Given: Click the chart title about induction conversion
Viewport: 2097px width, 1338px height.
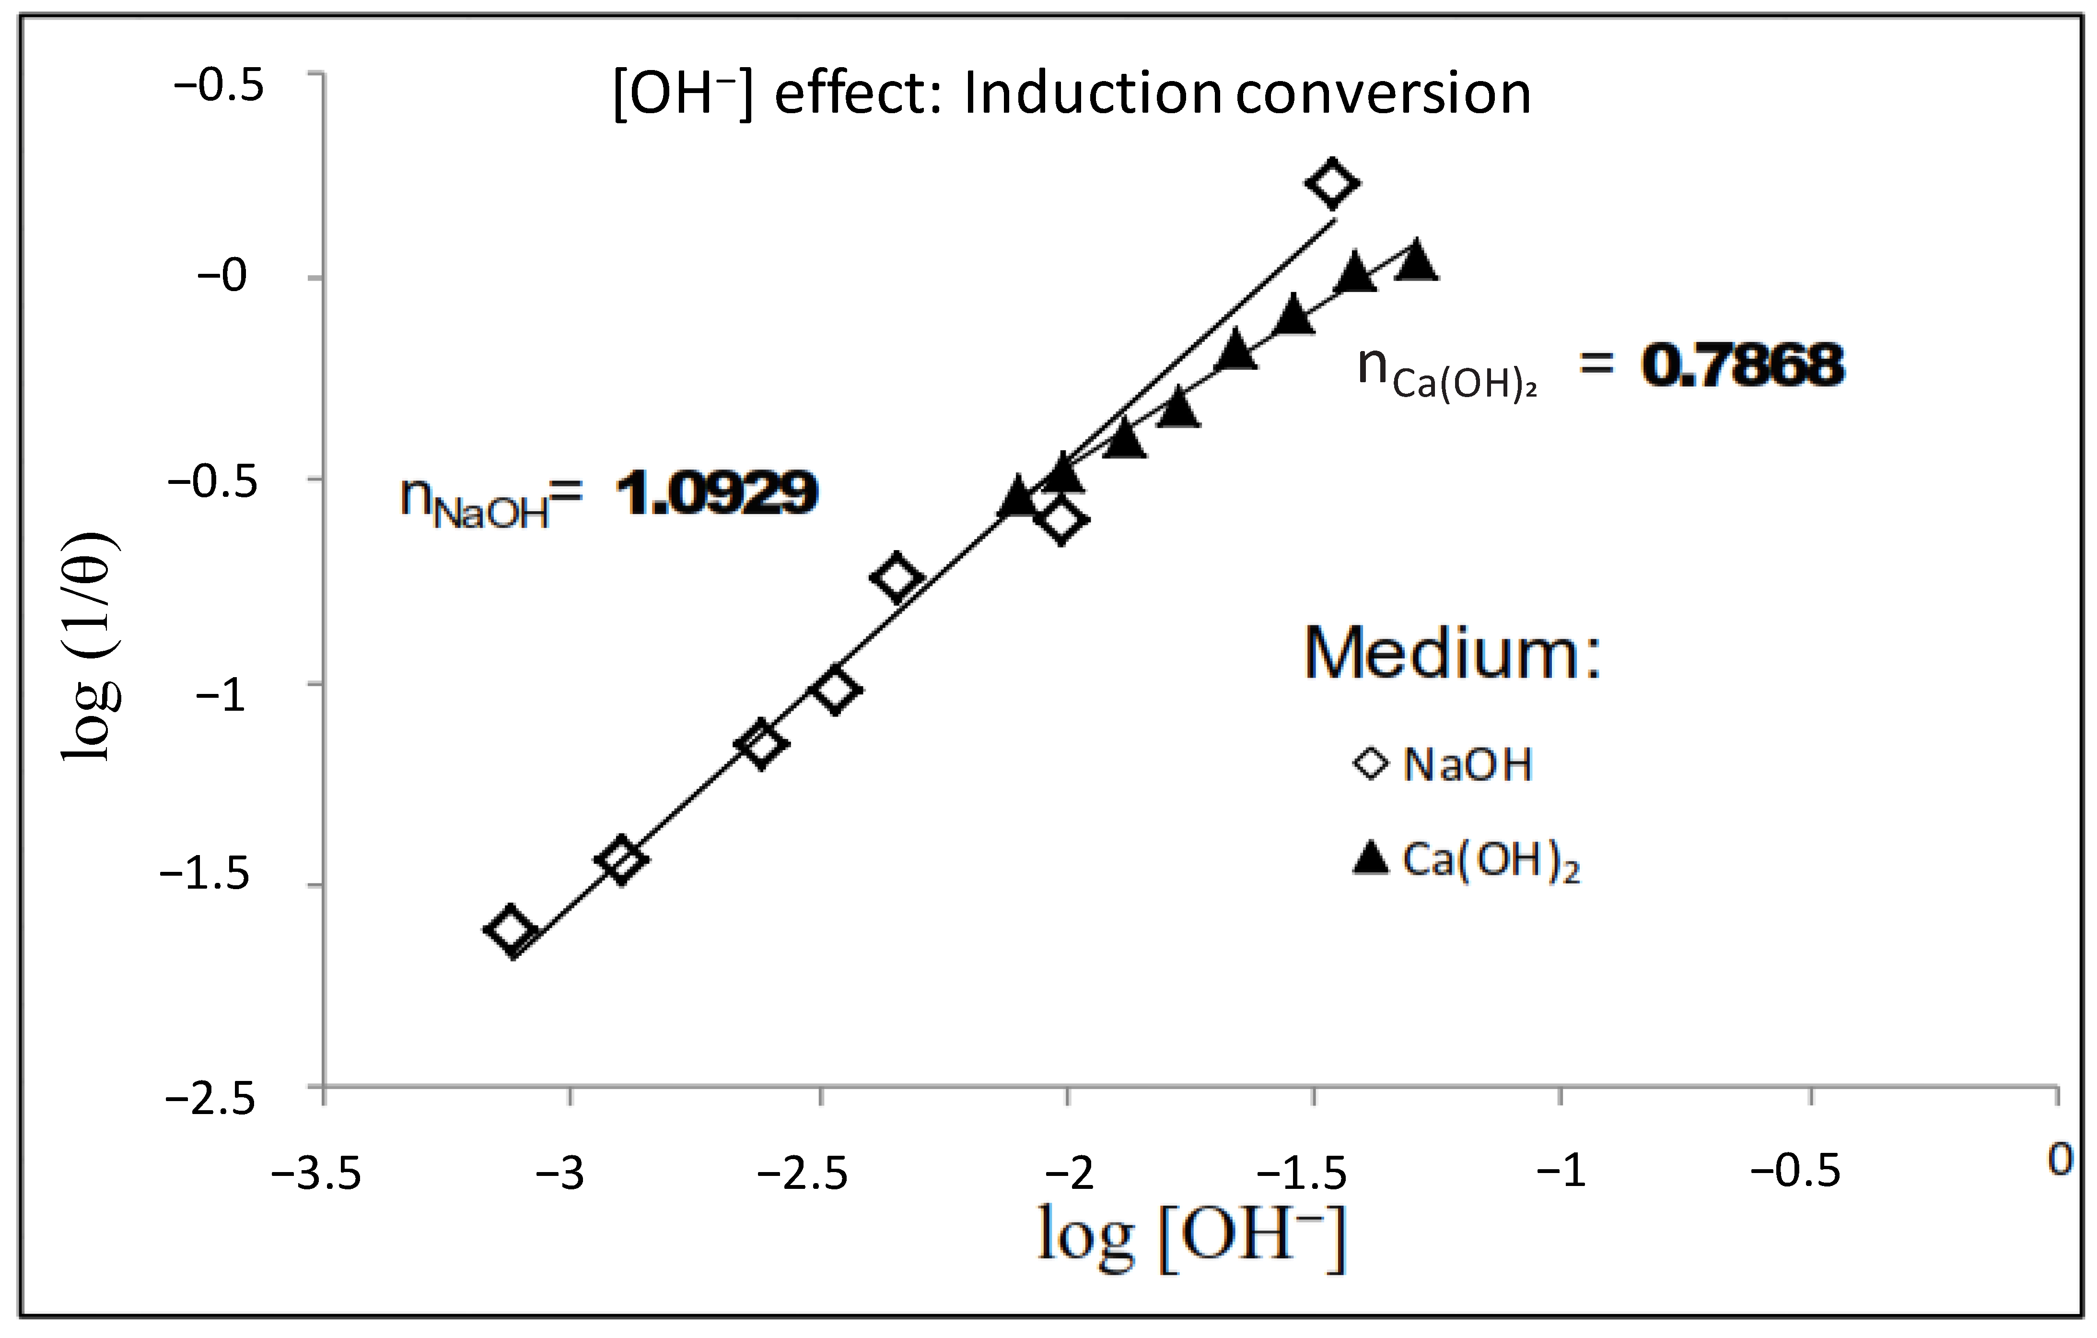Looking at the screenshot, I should coord(1071,94).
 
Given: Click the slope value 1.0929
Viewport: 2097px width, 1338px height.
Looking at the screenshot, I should coord(716,493).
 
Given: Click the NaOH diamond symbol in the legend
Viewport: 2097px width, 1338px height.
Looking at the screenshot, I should coord(1371,764).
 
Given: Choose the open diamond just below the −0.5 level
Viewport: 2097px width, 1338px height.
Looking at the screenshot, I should coord(1060,521).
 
